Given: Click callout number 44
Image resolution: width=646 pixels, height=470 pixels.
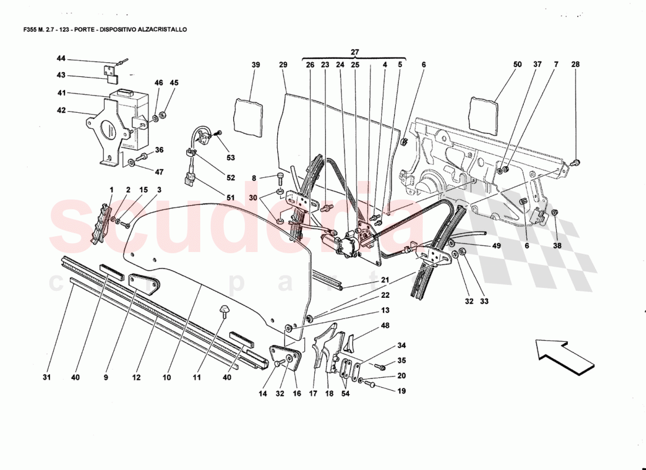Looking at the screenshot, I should pos(61,59).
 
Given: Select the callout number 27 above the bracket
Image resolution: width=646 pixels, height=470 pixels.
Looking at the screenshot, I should pos(355,52).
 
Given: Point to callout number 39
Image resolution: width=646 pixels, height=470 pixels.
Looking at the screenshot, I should pos(255,65).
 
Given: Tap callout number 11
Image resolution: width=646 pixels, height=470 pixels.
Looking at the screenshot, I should pos(197,378).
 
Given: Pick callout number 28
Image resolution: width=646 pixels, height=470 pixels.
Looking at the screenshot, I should pos(575,65).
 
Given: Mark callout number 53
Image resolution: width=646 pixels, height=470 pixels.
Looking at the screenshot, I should pos(231,157).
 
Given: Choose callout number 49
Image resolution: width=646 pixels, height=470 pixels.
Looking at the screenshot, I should pos(497,246).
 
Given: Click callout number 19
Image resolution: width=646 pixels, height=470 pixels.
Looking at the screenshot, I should pos(401,390).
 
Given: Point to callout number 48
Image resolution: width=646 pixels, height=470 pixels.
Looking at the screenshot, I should pos(385,325).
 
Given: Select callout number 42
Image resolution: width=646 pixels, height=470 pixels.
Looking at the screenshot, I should pos(61,110).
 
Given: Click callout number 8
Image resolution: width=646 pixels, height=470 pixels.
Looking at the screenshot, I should pos(254,178).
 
